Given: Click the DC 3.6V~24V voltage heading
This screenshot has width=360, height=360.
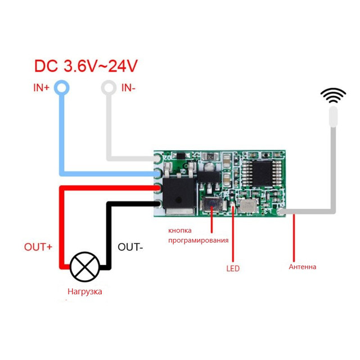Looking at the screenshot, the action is coord(86,66).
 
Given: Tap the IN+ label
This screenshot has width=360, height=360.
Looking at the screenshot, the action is coord(41,88).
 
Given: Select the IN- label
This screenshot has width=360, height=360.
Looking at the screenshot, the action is coord(128,88).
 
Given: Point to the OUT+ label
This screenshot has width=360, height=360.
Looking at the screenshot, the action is coord(38,247).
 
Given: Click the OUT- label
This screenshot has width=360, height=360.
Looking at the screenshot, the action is coord(130,247).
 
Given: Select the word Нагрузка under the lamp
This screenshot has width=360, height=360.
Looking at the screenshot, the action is coord(85,291).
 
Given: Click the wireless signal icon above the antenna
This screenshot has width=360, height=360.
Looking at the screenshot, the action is coord(333,95).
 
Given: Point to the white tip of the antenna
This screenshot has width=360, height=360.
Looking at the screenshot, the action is coord(333,116).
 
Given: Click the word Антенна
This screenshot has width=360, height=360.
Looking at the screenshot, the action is coord(303,267).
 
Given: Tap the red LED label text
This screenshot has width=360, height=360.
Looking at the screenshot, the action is coord(233,268).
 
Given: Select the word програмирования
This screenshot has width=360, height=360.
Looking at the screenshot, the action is coord(199,240).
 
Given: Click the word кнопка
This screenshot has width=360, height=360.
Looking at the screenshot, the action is coord(180,231).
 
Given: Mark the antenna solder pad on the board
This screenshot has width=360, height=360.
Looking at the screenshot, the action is coord(281,211).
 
